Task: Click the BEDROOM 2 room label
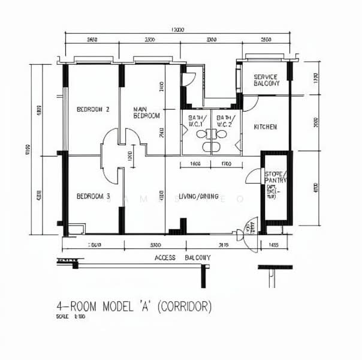click(93, 109)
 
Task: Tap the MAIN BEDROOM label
click(146, 112)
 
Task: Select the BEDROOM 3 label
click(93, 196)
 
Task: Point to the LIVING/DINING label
click(198, 196)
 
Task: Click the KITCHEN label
click(265, 127)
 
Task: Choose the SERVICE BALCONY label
click(266, 80)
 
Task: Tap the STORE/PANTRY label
click(275, 177)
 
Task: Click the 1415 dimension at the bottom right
click(274, 245)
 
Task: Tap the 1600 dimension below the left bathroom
click(195, 163)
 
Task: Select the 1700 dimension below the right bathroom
click(225, 163)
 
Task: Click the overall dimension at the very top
click(177, 29)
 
